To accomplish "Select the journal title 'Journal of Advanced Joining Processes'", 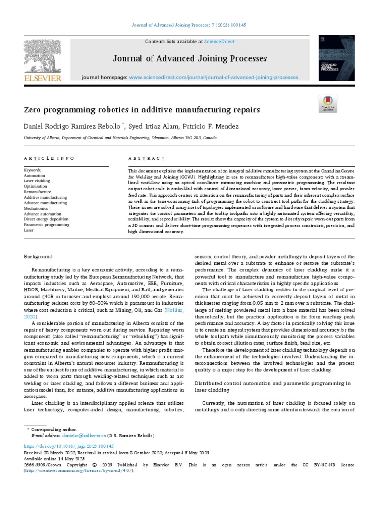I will [190, 59].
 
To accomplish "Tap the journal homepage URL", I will [213, 78].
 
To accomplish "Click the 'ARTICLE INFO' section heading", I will [49, 158].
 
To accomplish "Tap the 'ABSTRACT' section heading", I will [147, 158].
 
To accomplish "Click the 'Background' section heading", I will [38, 257].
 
